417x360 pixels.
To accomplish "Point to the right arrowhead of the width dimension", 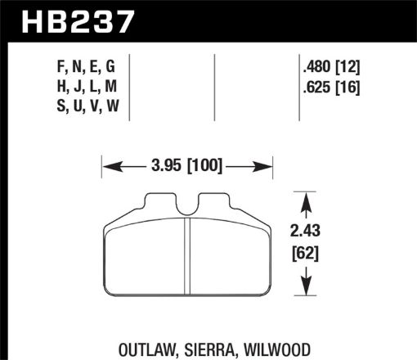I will [266, 168].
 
